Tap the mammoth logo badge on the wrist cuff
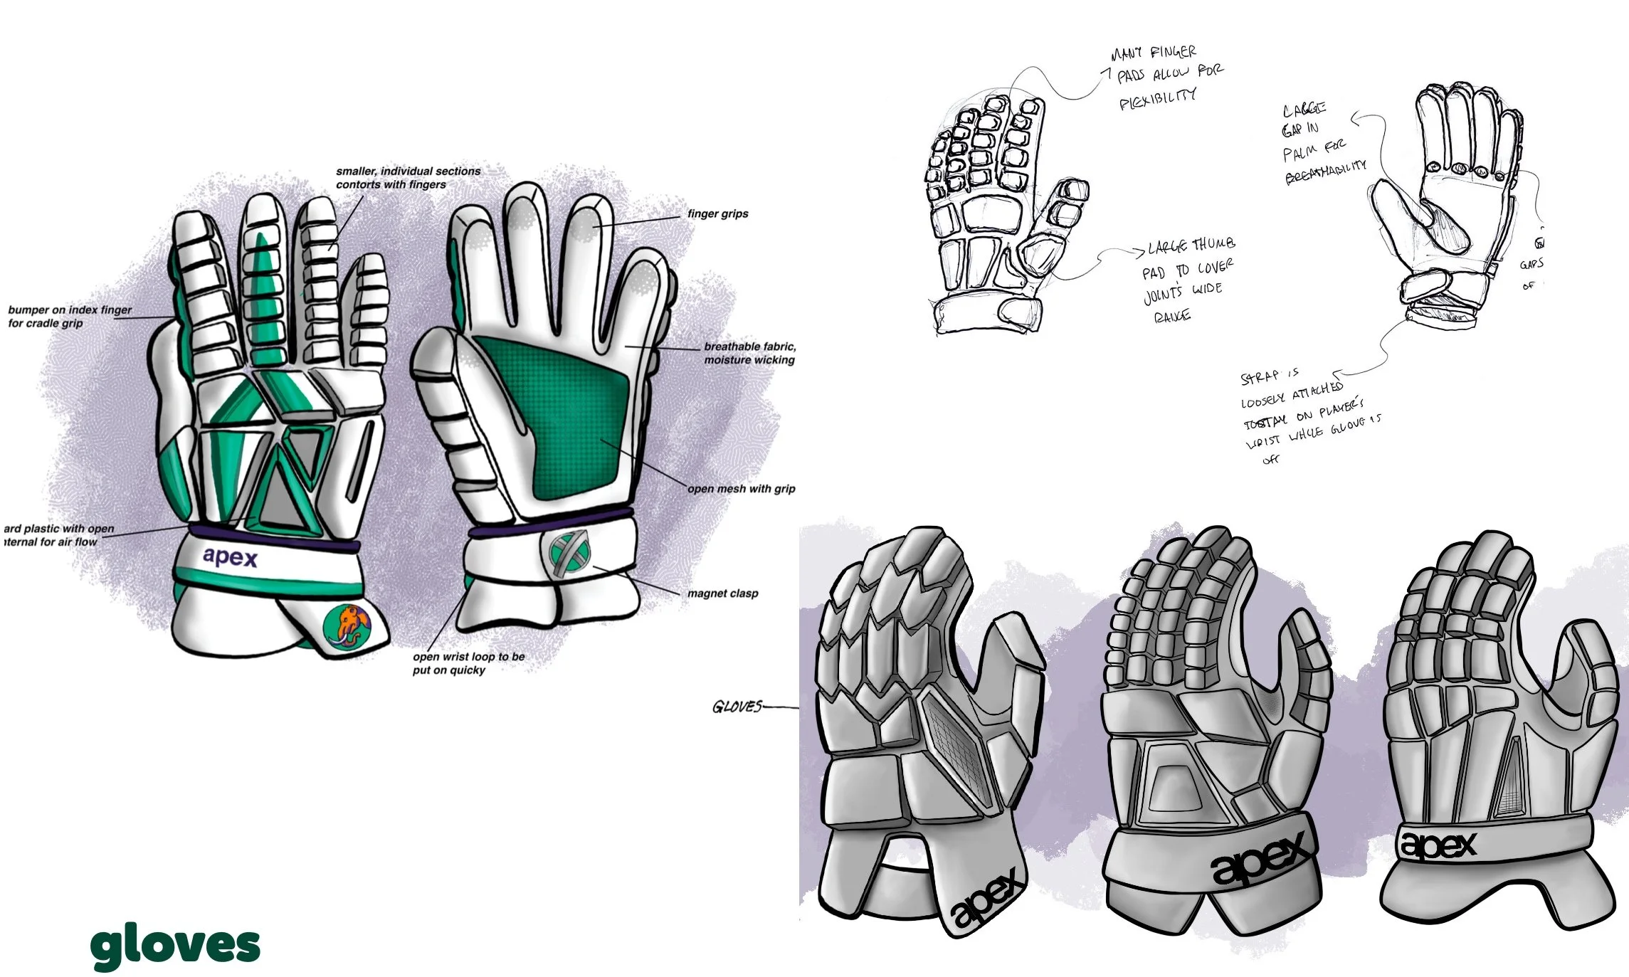click(x=347, y=627)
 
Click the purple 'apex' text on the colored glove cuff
click(x=229, y=556)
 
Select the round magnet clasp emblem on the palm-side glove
click(x=570, y=553)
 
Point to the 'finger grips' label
click(x=717, y=213)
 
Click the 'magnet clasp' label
click(x=722, y=593)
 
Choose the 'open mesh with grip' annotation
click(x=741, y=488)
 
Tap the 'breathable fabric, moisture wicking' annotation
click(x=749, y=353)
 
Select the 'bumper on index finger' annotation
click(x=70, y=316)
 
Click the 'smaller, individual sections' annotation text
click(x=408, y=177)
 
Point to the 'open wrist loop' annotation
click(x=468, y=662)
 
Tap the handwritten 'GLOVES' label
click(x=737, y=707)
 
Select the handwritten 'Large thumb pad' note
click(x=1187, y=280)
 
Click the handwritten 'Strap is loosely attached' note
click(x=1306, y=413)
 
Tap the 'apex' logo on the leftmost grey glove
click(x=989, y=899)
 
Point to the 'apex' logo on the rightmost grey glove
click(x=1438, y=845)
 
